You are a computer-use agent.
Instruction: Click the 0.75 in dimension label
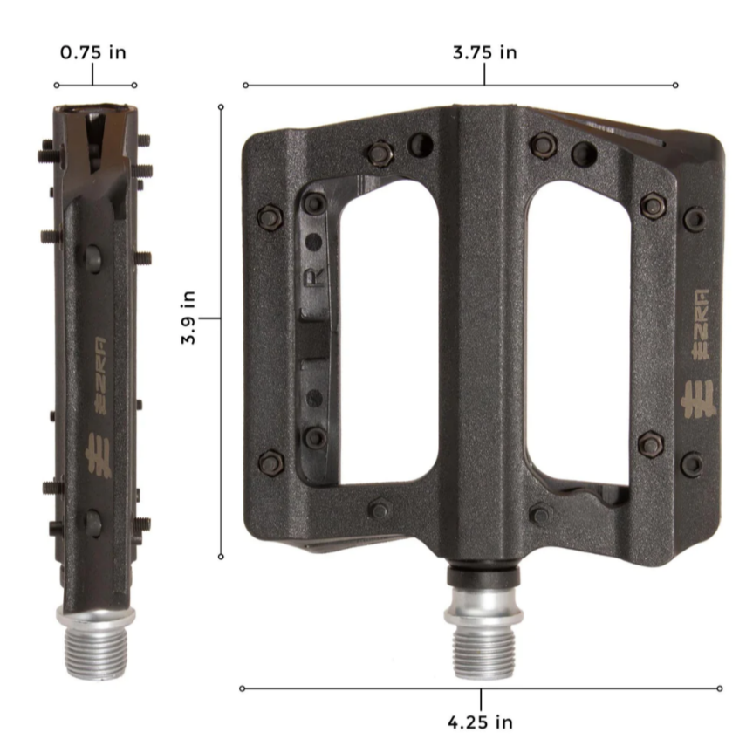point(92,52)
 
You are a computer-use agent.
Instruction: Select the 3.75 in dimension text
point(484,52)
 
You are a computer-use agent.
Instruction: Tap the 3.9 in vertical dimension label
point(188,318)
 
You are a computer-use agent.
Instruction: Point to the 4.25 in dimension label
point(480,722)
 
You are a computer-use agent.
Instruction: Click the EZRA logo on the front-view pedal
point(697,349)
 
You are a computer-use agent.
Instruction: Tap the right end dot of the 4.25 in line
point(720,688)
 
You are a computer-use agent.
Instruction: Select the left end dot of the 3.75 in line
point(245,86)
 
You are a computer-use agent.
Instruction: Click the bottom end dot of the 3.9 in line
point(221,556)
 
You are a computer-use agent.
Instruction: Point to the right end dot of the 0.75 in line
point(134,86)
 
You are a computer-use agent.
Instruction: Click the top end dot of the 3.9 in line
point(221,106)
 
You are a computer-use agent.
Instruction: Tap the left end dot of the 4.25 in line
point(242,688)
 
